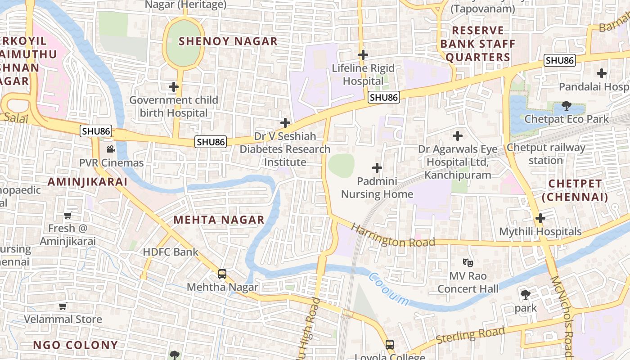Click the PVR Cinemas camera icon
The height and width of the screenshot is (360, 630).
111,149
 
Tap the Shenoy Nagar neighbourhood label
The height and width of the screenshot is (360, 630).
228,41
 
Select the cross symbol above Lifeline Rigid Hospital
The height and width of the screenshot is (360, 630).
363,55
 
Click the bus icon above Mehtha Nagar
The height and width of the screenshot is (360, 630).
222,274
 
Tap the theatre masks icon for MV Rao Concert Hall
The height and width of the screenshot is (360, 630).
468,262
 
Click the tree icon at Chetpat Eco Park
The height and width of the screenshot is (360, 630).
566,106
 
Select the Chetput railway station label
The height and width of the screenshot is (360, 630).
546,154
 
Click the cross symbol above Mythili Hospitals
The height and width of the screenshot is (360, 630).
540,218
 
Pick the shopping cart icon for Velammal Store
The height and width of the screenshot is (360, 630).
63,306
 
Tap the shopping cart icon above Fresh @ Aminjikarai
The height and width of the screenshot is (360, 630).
68,215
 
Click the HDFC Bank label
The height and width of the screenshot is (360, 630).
171,252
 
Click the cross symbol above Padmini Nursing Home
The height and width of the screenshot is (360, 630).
377,168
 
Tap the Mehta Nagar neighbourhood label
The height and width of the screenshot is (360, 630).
219,220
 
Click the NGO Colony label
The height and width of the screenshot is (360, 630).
75,345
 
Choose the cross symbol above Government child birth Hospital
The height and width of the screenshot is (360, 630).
174,86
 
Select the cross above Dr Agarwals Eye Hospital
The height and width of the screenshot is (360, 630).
458,135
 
